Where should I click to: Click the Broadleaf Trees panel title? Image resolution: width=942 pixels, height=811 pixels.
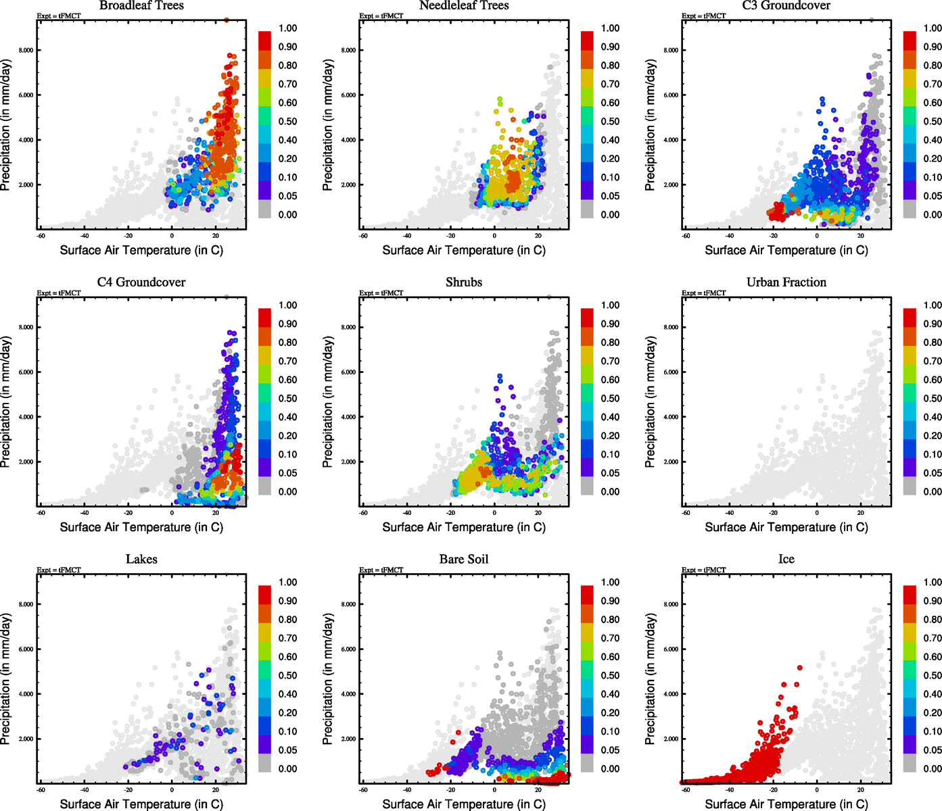pyautogui.click(x=141, y=6)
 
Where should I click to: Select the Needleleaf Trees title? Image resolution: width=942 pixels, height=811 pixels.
pyautogui.click(x=464, y=6)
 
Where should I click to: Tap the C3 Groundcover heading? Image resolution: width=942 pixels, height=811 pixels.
pyautogui.click(x=786, y=6)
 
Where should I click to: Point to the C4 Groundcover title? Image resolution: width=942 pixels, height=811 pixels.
pyautogui.click(x=141, y=282)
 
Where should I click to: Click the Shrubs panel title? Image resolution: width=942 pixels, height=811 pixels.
pyautogui.click(x=464, y=282)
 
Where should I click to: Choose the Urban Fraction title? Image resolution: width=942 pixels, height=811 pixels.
pyautogui.click(x=786, y=282)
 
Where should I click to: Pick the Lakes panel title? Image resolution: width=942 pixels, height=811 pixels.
pyautogui.click(x=141, y=560)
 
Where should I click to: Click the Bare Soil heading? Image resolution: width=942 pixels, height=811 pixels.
pyautogui.click(x=464, y=560)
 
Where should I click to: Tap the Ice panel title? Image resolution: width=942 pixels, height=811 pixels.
pyautogui.click(x=786, y=560)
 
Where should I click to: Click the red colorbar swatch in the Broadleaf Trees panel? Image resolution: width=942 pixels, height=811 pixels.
pyautogui.click(x=264, y=39)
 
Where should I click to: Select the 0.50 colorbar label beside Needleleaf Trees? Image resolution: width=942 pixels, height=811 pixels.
pyautogui.click(x=610, y=122)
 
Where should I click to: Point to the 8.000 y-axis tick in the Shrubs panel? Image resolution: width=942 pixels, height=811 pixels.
pyautogui.click(x=348, y=327)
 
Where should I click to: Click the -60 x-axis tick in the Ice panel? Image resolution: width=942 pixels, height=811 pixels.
pyautogui.click(x=686, y=789)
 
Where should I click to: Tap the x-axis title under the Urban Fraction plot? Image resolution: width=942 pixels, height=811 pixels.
pyautogui.click(x=786, y=527)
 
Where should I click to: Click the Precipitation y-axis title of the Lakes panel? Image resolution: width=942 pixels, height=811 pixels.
pyautogui.click(x=6, y=679)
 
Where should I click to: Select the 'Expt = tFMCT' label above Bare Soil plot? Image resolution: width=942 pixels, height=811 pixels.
pyautogui.click(x=381, y=570)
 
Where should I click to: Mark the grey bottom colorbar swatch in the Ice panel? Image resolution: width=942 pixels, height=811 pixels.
pyautogui.click(x=910, y=764)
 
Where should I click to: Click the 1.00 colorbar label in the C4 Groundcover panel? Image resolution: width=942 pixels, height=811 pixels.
pyautogui.click(x=287, y=305)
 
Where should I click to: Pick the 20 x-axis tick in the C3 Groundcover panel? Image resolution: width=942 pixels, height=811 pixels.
pyautogui.click(x=861, y=235)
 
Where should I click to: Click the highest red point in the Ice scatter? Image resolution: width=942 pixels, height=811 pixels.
pyautogui.click(x=799, y=668)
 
